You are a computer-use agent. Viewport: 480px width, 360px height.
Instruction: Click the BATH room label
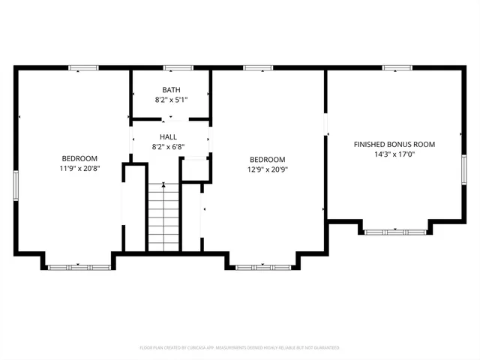point(171,89)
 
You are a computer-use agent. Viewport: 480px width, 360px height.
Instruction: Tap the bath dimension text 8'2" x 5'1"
point(171,99)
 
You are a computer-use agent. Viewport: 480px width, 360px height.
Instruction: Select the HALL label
point(168,137)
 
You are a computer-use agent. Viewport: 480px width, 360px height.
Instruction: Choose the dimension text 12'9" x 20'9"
point(267,169)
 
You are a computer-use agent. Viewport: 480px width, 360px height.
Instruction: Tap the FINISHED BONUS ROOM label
point(394,144)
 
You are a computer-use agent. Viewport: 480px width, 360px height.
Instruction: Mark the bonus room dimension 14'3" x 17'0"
point(394,154)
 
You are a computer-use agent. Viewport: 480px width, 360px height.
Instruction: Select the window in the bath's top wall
point(174,68)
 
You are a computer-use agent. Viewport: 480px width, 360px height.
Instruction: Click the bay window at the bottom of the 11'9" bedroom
point(79,266)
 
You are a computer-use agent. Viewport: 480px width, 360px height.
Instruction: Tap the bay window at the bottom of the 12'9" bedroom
point(263,266)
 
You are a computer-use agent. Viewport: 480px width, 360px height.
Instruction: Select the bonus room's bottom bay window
point(395,232)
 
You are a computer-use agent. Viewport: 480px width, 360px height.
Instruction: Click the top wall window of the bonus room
point(393,68)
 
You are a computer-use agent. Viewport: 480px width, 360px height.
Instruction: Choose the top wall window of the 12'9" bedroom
point(256,68)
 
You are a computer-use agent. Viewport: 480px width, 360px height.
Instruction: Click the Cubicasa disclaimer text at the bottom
point(240,348)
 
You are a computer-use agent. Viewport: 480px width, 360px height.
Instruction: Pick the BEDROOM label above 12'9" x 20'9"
point(267,159)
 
